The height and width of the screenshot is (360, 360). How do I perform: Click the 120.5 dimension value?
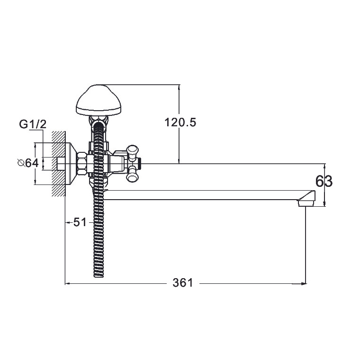(180, 123)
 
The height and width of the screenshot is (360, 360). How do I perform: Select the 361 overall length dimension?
(183, 283)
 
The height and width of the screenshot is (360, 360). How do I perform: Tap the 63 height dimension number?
(324, 181)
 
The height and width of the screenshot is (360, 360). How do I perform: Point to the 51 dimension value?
(80, 222)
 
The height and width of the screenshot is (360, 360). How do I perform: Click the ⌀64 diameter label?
(28, 163)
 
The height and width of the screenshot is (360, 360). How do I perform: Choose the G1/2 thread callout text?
(33, 124)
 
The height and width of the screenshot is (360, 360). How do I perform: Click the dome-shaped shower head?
(99, 100)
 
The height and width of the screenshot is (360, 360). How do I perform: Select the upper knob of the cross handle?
(133, 151)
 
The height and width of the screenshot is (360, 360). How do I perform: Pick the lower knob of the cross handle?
(133, 175)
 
